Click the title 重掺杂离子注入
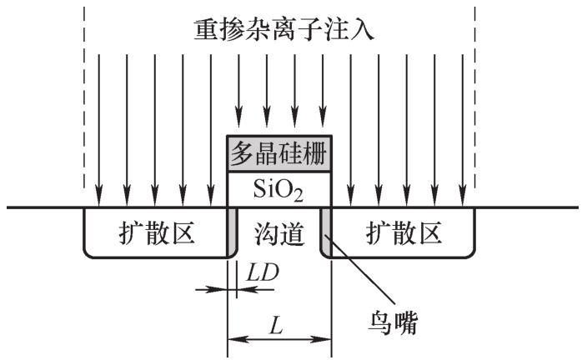pyautogui.click(x=283, y=30)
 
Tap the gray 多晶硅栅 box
pyautogui.click(x=279, y=154)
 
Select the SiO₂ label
pyautogui.click(x=278, y=190)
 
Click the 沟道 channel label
pyautogui.click(x=279, y=234)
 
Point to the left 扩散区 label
pyautogui.click(x=157, y=233)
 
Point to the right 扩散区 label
pyautogui.click(x=404, y=233)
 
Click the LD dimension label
pyautogui.click(x=263, y=272)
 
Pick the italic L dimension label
pyautogui.click(x=276, y=327)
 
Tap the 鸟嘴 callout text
pyautogui.click(x=393, y=322)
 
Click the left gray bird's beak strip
pyautogui.click(x=233, y=232)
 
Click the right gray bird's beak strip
pyautogui.click(x=325, y=232)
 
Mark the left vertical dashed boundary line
pyautogui.click(x=84, y=97)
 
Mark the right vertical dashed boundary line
pyautogui.click(x=474, y=97)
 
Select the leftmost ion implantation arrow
pyautogui.click(x=98, y=130)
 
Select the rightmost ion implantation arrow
pyautogui.click(x=463, y=130)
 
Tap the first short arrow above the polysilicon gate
pyautogui.click(x=239, y=91)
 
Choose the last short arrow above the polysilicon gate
pyautogui.click(x=323, y=91)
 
